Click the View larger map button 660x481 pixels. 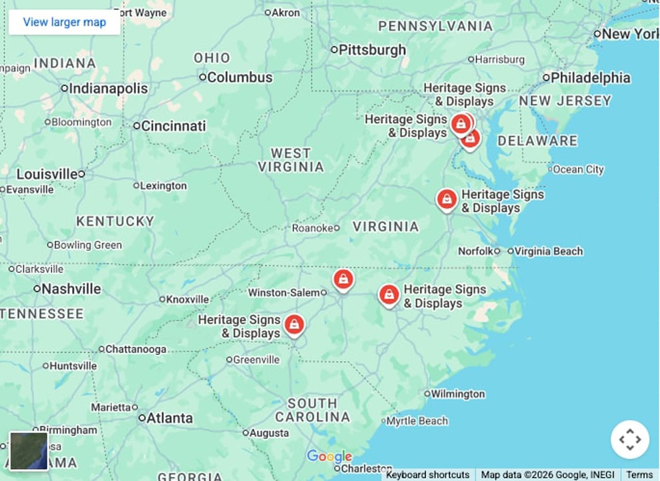(64, 22)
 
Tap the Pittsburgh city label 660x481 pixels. (371, 49)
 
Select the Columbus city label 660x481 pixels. (239, 77)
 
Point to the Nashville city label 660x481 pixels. (71, 289)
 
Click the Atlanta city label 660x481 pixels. (169, 418)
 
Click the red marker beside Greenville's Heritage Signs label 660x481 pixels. (294, 325)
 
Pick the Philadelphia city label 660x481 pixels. (589, 77)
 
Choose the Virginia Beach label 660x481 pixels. (549, 251)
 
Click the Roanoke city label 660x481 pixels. (312, 227)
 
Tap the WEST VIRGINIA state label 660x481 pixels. (291, 160)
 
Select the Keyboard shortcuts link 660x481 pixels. (427, 474)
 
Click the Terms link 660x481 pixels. (639, 474)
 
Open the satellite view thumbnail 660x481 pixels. (29, 451)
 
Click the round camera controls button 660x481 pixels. (630, 440)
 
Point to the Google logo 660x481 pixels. (329, 457)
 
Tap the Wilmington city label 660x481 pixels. (457, 394)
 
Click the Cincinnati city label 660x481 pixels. (173, 125)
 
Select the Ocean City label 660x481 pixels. (578, 169)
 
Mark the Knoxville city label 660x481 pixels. (187, 300)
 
